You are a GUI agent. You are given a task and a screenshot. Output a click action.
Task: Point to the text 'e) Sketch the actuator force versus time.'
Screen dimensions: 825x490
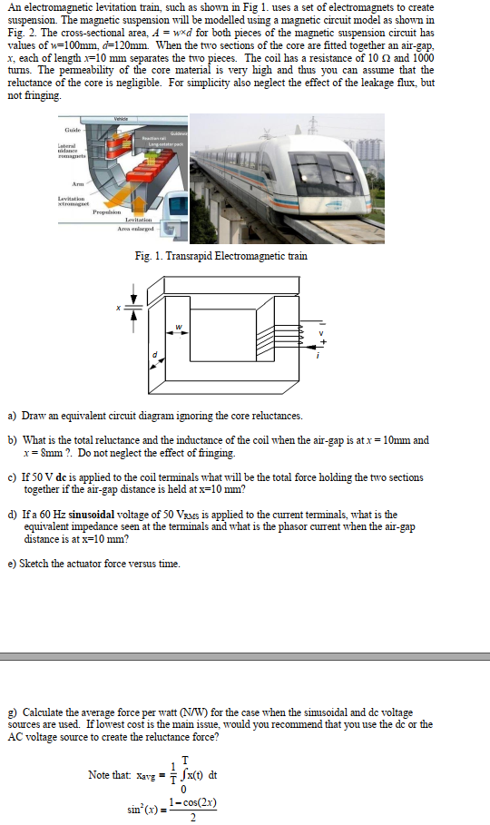coord(93,564)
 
